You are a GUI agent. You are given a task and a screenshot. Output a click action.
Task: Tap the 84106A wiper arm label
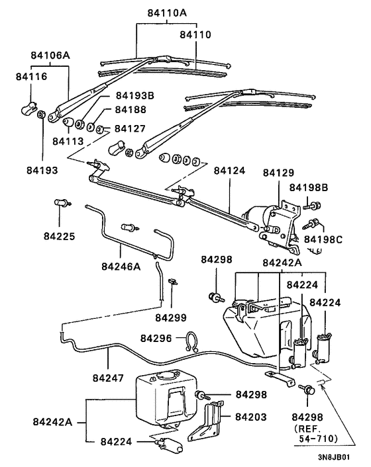(49, 56)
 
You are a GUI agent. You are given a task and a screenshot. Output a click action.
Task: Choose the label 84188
(131, 109)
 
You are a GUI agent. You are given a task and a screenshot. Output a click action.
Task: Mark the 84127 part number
(131, 128)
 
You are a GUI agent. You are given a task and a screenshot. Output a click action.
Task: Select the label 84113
(68, 141)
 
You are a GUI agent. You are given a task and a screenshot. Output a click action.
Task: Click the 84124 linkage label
(230, 171)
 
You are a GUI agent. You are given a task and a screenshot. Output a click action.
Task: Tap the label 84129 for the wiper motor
(278, 173)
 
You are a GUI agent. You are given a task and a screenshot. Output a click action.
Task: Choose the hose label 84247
(108, 381)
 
